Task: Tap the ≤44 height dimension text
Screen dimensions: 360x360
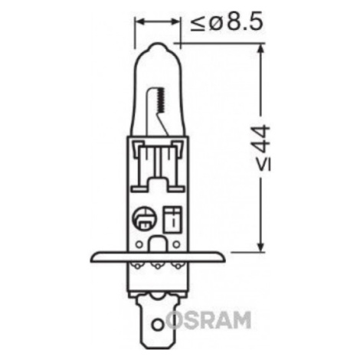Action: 263,148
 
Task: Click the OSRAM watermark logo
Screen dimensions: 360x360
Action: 208,320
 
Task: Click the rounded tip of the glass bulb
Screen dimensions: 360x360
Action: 158,47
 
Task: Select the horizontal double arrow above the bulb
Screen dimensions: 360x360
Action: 158,21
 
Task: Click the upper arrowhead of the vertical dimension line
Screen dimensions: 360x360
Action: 260,51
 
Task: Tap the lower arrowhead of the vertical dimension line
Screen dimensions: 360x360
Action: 260,246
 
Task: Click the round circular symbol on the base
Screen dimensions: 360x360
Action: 143,218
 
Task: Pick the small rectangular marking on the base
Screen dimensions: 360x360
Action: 173,220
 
